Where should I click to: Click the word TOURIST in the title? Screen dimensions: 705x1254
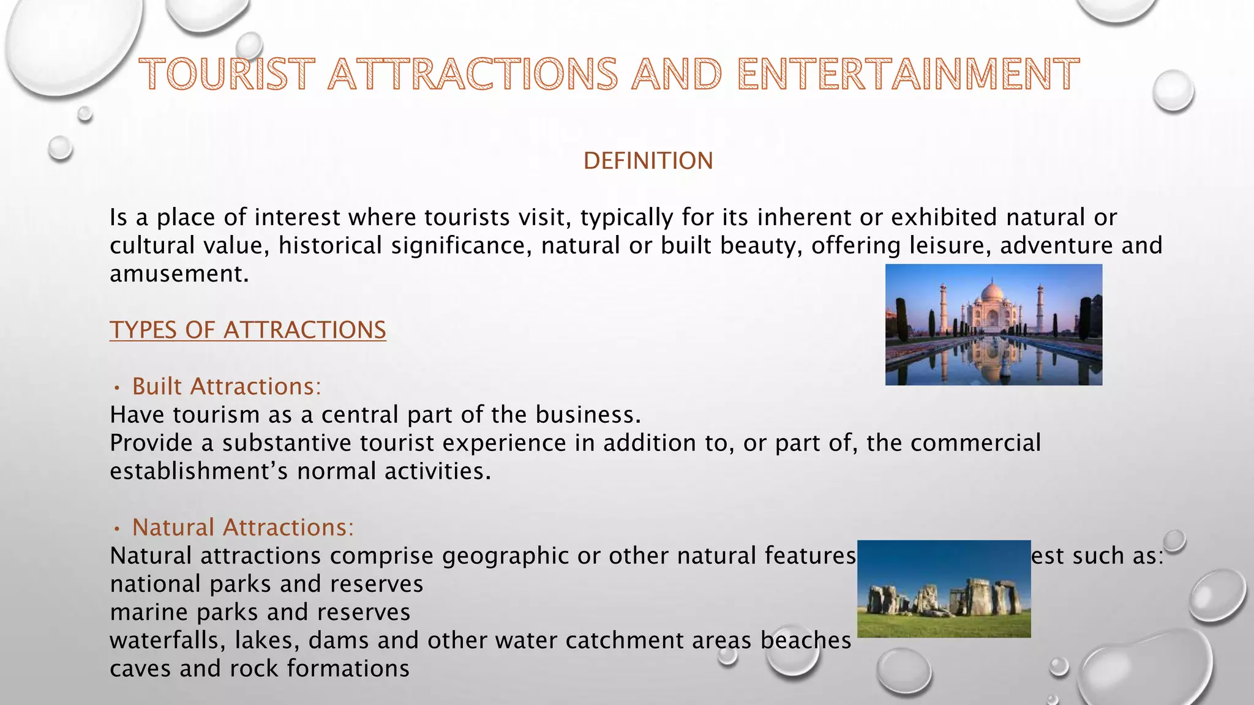click(227, 75)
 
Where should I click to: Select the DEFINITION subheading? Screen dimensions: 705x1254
click(648, 161)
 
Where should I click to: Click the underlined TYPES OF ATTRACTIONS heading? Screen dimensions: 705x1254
click(248, 330)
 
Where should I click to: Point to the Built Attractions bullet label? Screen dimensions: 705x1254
click(227, 387)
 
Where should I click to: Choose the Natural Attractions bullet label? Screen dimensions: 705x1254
click(243, 528)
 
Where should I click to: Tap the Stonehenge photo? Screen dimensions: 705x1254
click(944, 589)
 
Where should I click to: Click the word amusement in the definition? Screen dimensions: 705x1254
click(178, 274)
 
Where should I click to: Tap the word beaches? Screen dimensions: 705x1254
click(806, 640)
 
